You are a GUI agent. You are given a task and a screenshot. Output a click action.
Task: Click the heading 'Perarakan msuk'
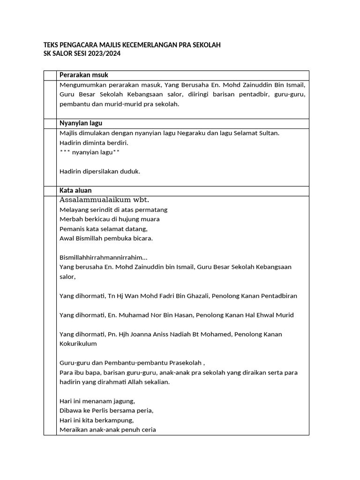click(83, 75)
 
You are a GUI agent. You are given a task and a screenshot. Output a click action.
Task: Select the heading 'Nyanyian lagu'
click(81, 123)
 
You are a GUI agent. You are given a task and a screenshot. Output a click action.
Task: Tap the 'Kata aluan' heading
click(75, 191)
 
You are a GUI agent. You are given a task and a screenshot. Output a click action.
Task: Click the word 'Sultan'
click(269, 133)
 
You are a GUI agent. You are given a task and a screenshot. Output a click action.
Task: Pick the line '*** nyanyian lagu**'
click(90, 152)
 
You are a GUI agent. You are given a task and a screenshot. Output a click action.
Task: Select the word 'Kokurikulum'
click(78, 344)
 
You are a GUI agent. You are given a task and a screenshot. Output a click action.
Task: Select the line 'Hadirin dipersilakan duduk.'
click(100, 172)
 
